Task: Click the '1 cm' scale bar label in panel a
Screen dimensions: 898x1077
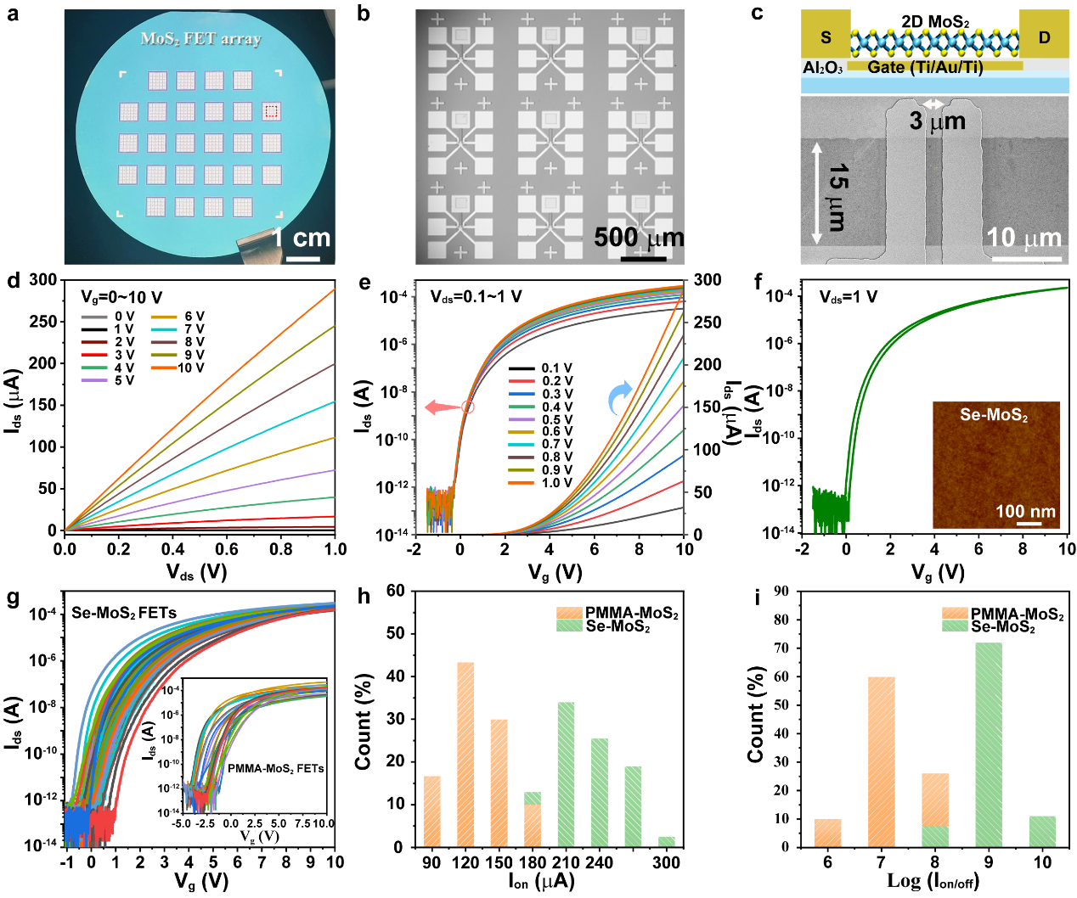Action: pos(302,239)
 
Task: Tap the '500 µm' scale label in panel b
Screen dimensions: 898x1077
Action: pos(639,238)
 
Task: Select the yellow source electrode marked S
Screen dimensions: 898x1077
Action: pos(826,36)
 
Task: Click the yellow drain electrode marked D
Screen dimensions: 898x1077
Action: pos(1044,36)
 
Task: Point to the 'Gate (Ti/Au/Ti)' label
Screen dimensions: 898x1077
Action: pos(924,67)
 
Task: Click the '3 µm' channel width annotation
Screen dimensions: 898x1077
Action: pos(937,122)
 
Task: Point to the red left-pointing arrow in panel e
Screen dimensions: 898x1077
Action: pos(442,407)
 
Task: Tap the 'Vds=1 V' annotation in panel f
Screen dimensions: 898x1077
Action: pos(848,297)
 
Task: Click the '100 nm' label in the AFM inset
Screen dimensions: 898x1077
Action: pos(1025,512)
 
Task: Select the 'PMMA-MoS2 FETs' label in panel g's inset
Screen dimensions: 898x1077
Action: pos(275,768)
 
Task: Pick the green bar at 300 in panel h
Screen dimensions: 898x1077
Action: pos(667,841)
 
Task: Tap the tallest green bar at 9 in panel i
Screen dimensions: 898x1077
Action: pos(989,744)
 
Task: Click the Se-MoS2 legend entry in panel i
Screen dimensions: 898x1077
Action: pos(1002,626)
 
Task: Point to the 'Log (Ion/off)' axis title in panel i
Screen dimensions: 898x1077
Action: pos(933,881)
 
